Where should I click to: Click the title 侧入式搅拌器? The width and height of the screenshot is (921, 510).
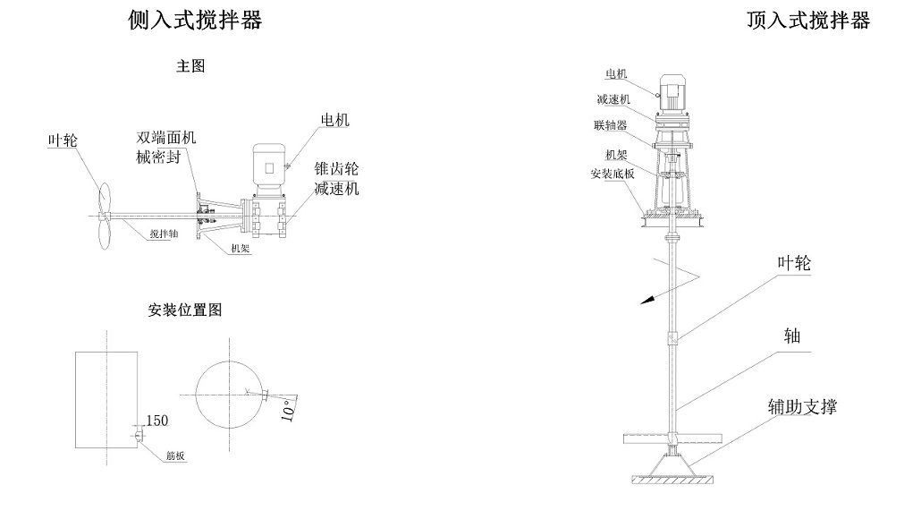(x=196, y=21)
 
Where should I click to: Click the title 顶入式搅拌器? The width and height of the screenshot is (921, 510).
(x=808, y=21)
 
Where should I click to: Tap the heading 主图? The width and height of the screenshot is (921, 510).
(x=191, y=66)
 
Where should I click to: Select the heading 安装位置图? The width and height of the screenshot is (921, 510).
(x=185, y=310)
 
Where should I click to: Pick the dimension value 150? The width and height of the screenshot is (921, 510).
(x=156, y=420)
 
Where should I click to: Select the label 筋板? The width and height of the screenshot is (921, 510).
(x=175, y=455)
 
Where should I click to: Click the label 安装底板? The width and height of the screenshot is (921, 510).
(x=612, y=174)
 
